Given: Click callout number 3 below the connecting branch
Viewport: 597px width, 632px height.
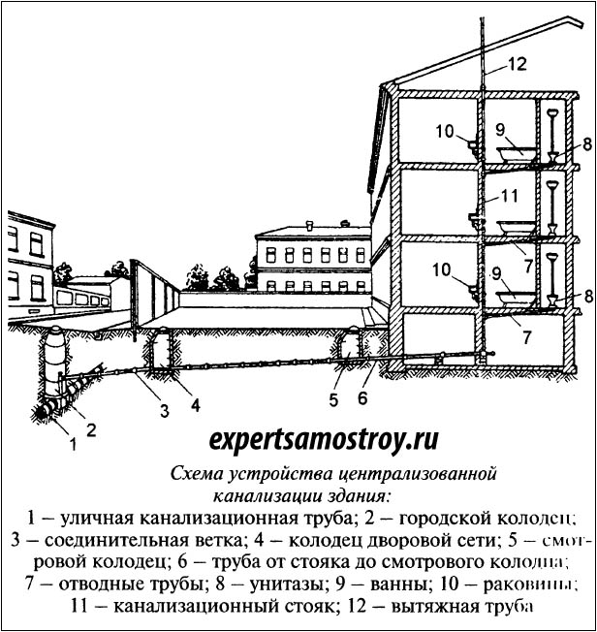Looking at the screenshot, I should [x=165, y=410].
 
